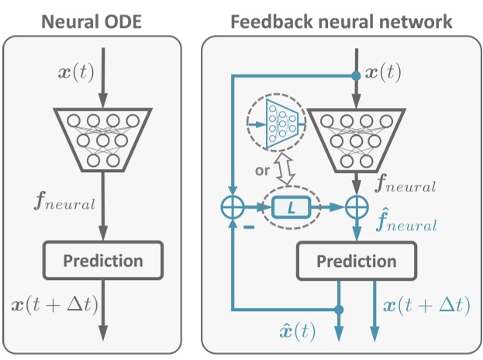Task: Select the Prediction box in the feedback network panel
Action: click(357, 261)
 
